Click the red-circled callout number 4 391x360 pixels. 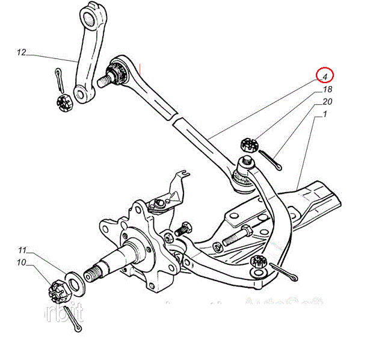(x=325, y=76)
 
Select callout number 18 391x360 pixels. (x=327, y=89)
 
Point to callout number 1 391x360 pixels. (x=325, y=113)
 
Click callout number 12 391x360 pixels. (x=22, y=53)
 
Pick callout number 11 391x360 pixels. (x=22, y=250)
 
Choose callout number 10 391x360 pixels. (x=22, y=262)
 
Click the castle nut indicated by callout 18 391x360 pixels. (x=248, y=145)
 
